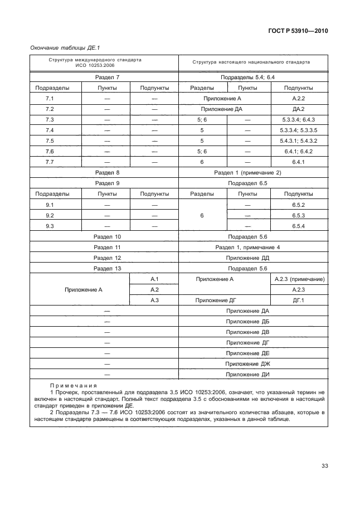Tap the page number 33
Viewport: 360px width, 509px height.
(x=324, y=466)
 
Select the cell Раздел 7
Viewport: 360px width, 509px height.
(x=107, y=77)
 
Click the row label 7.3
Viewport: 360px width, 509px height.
(x=50, y=120)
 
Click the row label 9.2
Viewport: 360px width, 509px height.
(x=50, y=215)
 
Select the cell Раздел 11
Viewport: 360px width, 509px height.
(x=107, y=247)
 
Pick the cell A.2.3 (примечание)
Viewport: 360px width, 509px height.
(x=300, y=279)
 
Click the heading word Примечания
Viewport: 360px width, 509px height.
(x=74, y=385)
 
